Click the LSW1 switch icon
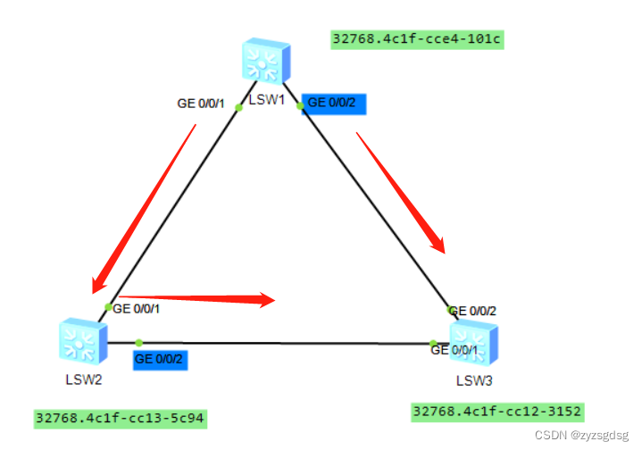pyautogui.click(x=265, y=62)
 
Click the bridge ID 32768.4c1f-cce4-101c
pyautogui.click(x=417, y=39)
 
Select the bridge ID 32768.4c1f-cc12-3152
pyautogui.click(x=497, y=412)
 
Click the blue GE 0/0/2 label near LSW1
pyautogui.click(x=334, y=104)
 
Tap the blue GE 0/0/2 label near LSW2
pyautogui.click(x=161, y=360)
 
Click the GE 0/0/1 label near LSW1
pyautogui.click(x=202, y=104)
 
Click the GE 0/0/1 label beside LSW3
pyautogui.click(x=455, y=350)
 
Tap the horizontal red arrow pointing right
pyautogui.click(x=196, y=299)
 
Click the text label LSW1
pyautogui.click(x=266, y=99)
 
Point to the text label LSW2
pyautogui.click(x=84, y=379)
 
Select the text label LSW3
pyautogui.click(x=474, y=381)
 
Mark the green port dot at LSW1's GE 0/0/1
pyautogui.click(x=239, y=107)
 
